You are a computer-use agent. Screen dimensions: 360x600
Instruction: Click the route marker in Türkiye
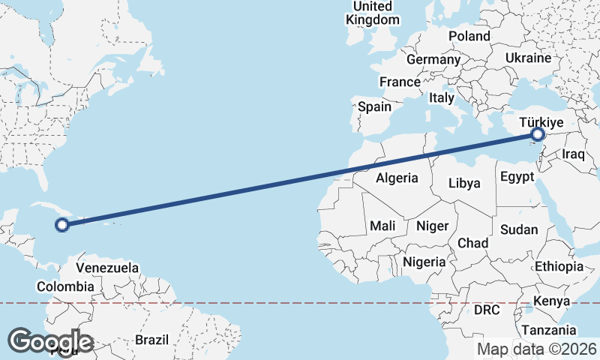pos(538,135)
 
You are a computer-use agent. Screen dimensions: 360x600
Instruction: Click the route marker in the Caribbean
pos(63,223)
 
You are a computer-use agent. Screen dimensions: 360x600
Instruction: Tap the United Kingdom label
pos(373,13)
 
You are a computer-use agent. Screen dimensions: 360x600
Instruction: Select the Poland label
pos(469,36)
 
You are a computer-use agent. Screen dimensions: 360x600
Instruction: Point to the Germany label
pos(433,59)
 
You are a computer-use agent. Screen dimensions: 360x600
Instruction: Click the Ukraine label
pos(528,58)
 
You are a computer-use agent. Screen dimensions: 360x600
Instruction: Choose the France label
pos(400,82)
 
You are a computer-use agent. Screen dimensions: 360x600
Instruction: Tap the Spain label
pos(374,106)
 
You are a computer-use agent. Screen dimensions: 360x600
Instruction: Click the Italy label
pos(442,97)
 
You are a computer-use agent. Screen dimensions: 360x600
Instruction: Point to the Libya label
pos(464,183)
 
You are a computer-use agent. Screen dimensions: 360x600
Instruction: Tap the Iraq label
pos(573,154)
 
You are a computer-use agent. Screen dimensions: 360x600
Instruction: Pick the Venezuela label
pos(108,268)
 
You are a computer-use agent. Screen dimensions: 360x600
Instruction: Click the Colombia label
pos(65,286)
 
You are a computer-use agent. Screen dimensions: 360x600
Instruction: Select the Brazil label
pos(152,340)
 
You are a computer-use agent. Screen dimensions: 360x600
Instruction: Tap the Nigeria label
pos(424,262)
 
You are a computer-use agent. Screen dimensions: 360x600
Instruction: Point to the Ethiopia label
pos(559,266)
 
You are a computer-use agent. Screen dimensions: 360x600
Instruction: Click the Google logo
pos(50,342)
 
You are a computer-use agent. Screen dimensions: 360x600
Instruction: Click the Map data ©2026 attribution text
pos(536,349)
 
